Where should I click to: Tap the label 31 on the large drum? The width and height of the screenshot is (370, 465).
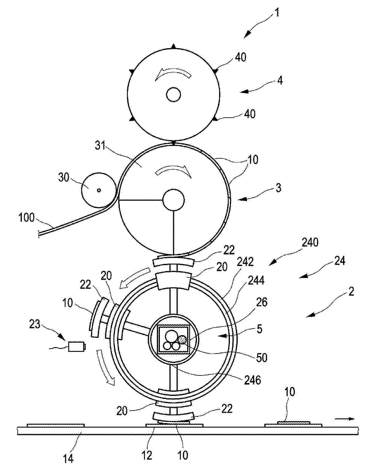[100, 146]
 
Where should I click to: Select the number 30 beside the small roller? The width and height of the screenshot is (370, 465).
[63, 177]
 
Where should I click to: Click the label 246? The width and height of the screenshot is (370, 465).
[253, 380]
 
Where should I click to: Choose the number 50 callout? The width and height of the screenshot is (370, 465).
[262, 358]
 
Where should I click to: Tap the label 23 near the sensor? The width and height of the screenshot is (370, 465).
[35, 324]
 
